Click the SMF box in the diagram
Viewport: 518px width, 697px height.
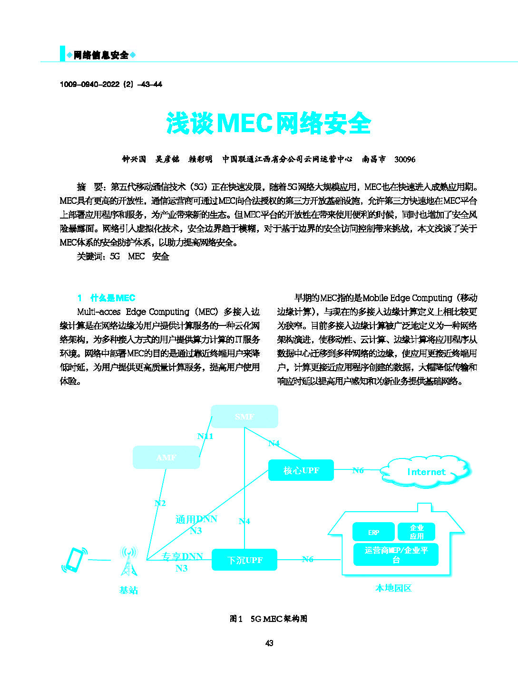coord(244,417)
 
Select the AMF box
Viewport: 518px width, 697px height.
coord(166,458)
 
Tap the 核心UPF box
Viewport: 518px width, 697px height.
coord(301,470)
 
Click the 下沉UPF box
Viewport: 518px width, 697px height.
coord(244,560)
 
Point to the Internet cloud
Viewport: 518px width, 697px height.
coord(426,472)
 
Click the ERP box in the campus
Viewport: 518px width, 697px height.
coord(373,532)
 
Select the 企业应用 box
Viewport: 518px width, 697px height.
coord(417,532)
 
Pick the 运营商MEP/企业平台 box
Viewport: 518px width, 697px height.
coord(396,555)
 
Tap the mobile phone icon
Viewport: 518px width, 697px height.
coord(74,560)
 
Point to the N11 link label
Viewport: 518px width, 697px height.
coord(205,436)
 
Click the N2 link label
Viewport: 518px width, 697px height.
coord(160,503)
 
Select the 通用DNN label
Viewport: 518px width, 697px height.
coord(196,519)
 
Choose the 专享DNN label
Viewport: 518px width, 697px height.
coord(182,556)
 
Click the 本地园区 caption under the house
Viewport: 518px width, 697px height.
coord(393,588)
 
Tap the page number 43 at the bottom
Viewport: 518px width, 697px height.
coord(269,643)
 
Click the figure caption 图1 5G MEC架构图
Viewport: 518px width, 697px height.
coord(268,619)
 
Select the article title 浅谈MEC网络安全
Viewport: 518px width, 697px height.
coord(268,124)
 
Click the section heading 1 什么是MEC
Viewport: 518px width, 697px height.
coord(107,298)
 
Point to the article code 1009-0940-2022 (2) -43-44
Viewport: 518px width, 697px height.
coord(111,84)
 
